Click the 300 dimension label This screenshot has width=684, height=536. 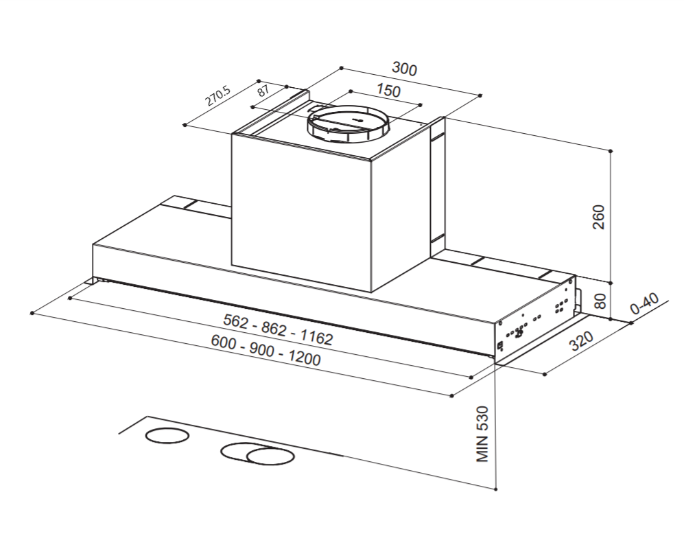tap(404, 69)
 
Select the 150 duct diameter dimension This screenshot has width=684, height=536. tap(388, 91)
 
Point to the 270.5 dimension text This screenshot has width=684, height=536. tap(218, 95)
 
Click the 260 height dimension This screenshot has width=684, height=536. tap(598, 217)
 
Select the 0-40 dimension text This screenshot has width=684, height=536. tap(644, 304)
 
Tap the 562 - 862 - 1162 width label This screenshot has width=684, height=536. tap(278, 329)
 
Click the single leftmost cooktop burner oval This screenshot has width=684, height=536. tap(167, 436)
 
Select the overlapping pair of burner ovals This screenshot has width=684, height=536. tap(257, 454)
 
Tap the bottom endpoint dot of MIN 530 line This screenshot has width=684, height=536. tap(495, 489)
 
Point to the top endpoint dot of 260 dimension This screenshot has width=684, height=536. tap(611, 150)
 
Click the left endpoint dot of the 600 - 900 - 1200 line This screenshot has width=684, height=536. tap(32, 313)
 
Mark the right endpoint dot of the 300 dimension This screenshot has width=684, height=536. tap(480, 95)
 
